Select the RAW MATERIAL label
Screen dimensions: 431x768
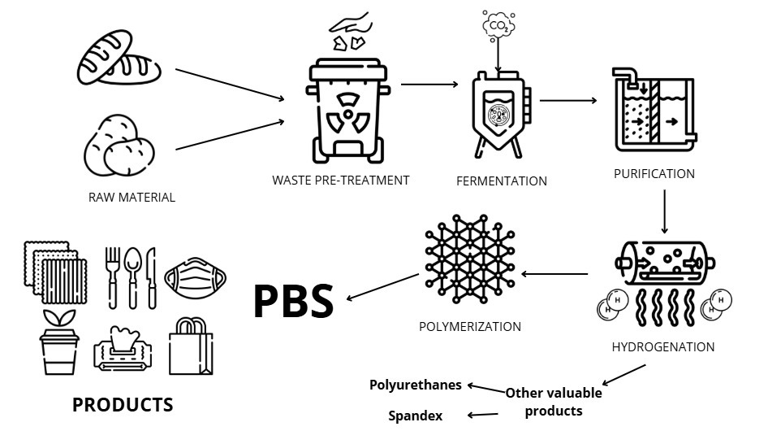point(132,197)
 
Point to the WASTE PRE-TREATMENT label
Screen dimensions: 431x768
point(341,180)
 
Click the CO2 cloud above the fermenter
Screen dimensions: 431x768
point(498,27)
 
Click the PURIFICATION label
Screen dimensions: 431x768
point(654,173)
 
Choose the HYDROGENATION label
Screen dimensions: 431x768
point(663,347)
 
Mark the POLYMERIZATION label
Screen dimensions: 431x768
point(469,327)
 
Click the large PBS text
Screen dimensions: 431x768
point(293,301)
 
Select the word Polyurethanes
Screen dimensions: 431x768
point(416,385)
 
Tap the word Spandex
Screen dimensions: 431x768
point(415,416)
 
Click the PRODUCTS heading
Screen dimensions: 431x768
point(123,404)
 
